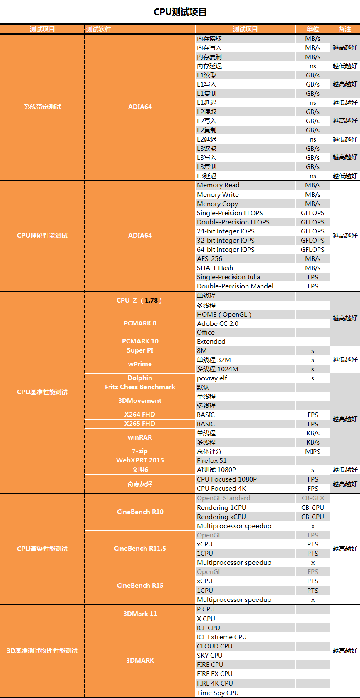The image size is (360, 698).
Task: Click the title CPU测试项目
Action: click(x=180, y=12)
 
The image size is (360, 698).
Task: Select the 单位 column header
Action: click(x=313, y=29)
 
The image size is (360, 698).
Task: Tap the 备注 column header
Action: click(x=345, y=29)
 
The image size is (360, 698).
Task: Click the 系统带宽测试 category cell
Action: click(x=42, y=107)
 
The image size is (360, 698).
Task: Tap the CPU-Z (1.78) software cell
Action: click(x=139, y=301)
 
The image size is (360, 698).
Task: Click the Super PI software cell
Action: click(x=140, y=350)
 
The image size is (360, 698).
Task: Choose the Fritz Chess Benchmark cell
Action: click(x=140, y=387)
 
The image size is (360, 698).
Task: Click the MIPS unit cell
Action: click(x=313, y=452)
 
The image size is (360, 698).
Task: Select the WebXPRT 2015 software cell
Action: click(x=140, y=460)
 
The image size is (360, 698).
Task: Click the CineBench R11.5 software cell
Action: click(x=140, y=549)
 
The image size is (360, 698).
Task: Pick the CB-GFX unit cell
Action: click(x=313, y=498)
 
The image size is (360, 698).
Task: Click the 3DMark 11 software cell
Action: click(x=140, y=614)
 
